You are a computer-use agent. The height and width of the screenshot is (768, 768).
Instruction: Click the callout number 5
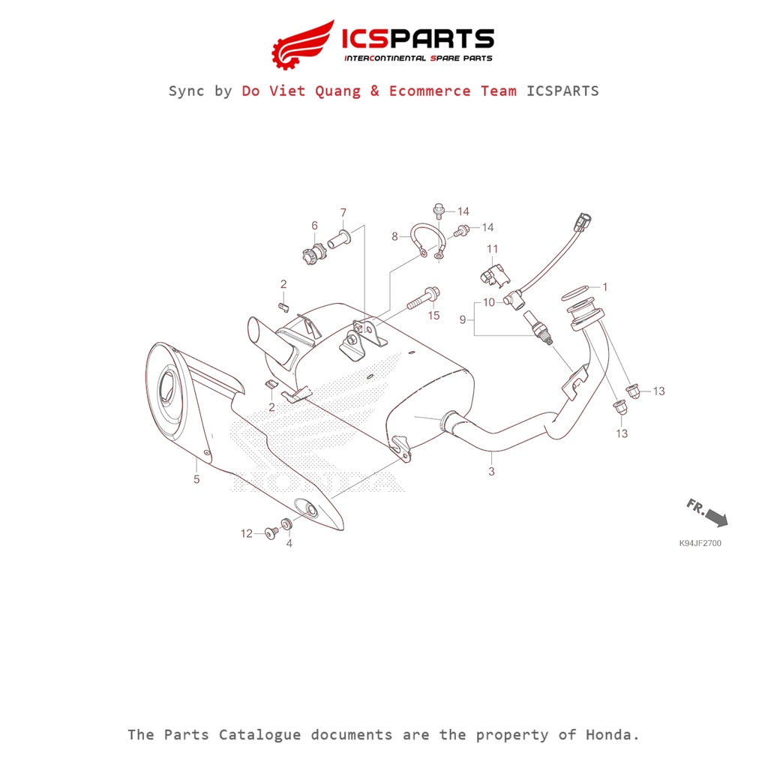click(x=196, y=479)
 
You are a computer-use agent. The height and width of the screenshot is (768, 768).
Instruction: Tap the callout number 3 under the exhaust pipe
click(x=491, y=471)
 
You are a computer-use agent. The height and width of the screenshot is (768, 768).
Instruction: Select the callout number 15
click(x=434, y=316)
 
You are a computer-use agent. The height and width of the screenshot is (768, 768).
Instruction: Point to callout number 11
click(x=492, y=249)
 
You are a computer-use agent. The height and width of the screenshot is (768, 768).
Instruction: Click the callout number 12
click(x=246, y=533)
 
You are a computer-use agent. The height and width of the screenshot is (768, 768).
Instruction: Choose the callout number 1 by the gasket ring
click(x=605, y=286)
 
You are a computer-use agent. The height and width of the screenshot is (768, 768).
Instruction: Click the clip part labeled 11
click(x=495, y=275)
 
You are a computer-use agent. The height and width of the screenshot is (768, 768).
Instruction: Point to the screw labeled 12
click(x=271, y=533)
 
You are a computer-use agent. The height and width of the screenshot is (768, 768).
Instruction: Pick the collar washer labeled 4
click(x=287, y=523)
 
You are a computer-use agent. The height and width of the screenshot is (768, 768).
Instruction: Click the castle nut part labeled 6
click(x=314, y=255)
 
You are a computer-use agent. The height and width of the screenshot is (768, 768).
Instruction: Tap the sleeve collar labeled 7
click(x=340, y=239)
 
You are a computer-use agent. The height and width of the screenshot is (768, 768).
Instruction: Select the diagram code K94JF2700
click(x=700, y=543)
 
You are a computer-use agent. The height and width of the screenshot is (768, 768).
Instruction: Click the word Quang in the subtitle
click(x=337, y=91)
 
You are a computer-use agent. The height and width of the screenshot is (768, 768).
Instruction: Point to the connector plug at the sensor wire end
click(x=584, y=221)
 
